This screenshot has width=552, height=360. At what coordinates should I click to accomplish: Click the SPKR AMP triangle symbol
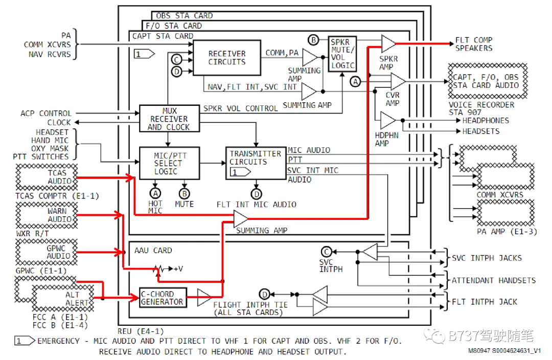pos(388,43)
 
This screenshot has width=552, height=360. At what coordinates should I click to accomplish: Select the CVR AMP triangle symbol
pos(398,81)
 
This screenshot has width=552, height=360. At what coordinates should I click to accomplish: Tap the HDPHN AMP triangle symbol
pos(388,121)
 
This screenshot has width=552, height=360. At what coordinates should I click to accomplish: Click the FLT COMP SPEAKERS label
pos(473,44)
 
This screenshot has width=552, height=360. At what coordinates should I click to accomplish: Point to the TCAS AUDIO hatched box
pos(47,177)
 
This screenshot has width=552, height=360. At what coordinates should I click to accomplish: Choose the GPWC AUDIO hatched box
pos(47,252)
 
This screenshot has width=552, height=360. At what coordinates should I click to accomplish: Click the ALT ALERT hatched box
pos(63,298)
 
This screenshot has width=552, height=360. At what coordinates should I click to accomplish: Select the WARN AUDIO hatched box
pos(47,215)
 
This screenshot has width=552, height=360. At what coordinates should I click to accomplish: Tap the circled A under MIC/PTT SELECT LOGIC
pos(155,193)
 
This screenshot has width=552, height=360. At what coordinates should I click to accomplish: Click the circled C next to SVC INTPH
pos(326,252)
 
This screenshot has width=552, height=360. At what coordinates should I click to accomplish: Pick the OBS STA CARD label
pos(184,16)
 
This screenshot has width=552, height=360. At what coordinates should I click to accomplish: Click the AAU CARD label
pos(153,251)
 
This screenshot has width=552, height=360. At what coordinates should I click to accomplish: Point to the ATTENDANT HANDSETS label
pos(494,280)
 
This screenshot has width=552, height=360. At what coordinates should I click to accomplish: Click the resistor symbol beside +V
pos(159,269)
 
